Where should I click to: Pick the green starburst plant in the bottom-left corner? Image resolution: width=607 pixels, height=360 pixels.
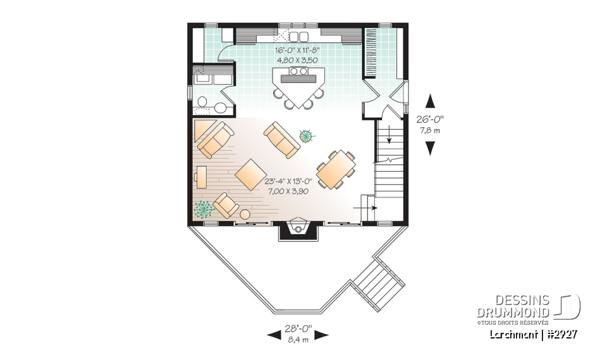[x=204, y=209]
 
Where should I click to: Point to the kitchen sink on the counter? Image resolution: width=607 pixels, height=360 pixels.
[x=298, y=36]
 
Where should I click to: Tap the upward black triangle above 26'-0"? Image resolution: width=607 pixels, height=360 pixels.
[x=431, y=102]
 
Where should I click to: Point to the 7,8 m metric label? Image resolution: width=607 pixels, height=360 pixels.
[x=431, y=130]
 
